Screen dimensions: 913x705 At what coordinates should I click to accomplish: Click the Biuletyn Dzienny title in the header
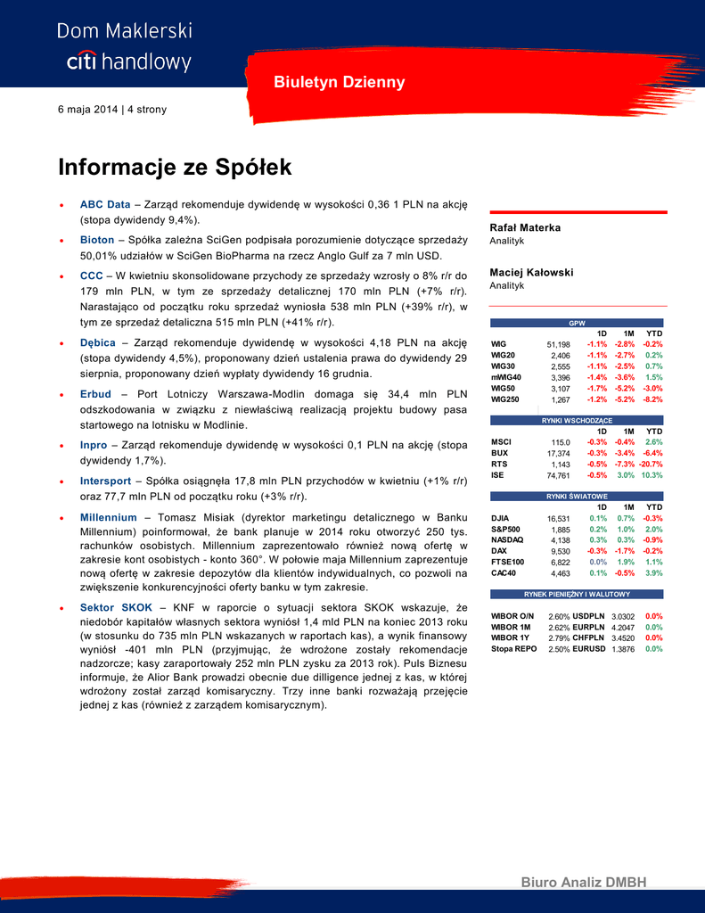(339, 83)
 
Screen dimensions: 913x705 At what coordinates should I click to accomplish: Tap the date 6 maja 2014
(87, 110)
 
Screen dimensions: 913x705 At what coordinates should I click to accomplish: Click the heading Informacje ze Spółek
(175, 168)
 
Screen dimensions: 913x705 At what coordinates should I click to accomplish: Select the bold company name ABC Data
(105, 204)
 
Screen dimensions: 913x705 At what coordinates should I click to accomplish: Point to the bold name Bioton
(97, 240)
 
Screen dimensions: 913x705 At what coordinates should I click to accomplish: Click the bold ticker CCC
(92, 276)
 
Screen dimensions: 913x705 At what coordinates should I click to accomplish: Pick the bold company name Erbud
(95, 393)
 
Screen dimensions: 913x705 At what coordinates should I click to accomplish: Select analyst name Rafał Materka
(525, 228)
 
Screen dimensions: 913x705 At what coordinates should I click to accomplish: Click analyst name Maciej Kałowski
(531, 273)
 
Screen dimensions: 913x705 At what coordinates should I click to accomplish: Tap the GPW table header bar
(578, 323)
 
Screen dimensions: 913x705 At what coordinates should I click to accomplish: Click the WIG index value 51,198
(558, 344)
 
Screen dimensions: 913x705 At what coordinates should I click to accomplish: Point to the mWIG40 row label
(506, 377)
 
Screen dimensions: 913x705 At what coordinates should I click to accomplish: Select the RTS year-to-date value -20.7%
(651, 465)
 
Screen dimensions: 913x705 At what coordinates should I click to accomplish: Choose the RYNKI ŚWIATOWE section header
(578, 496)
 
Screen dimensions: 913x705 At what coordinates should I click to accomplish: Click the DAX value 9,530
(560, 552)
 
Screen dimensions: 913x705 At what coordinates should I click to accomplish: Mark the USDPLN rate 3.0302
(622, 616)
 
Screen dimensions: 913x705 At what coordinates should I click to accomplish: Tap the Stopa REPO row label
(514, 649)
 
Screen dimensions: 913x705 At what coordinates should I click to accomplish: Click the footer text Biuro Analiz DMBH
(584, 883)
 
